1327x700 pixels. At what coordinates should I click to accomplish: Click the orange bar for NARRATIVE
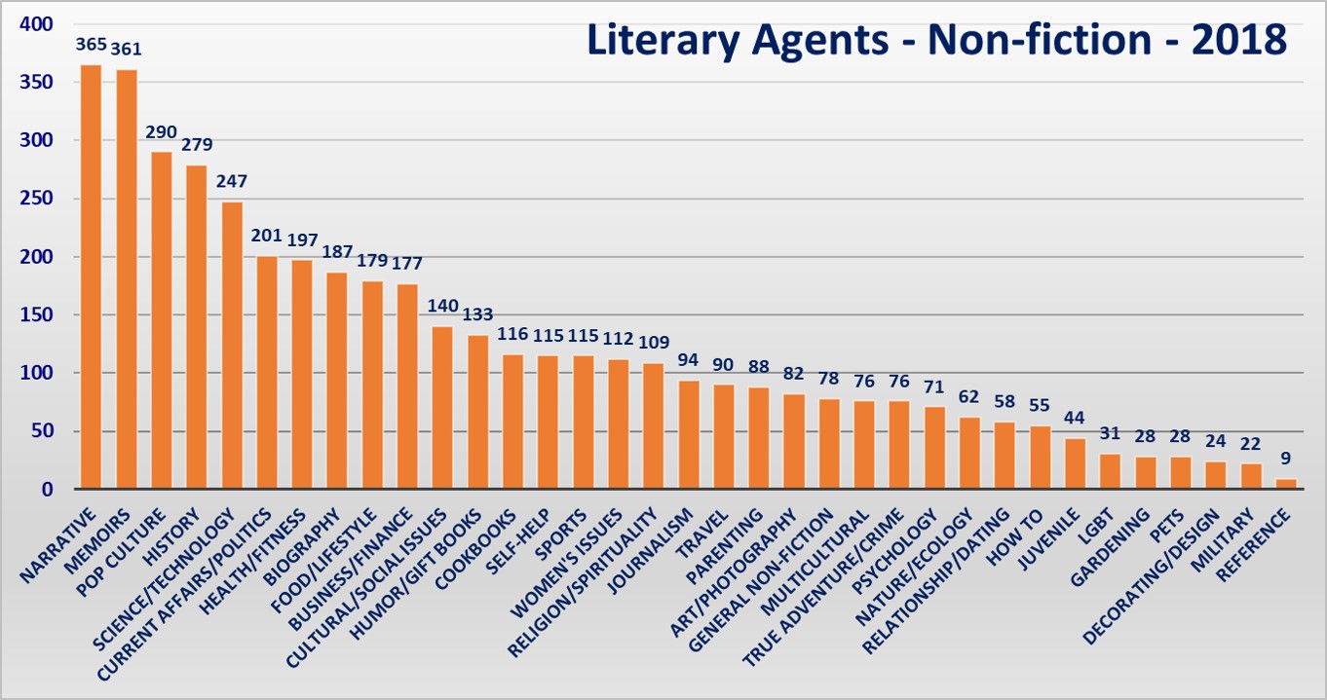91,277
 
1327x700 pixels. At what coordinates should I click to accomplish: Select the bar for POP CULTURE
161,320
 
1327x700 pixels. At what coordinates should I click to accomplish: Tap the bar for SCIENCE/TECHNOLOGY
232,346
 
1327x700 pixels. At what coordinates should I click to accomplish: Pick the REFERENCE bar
1286,484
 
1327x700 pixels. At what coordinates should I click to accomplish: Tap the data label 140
442,306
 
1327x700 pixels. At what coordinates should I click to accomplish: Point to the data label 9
1286,459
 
